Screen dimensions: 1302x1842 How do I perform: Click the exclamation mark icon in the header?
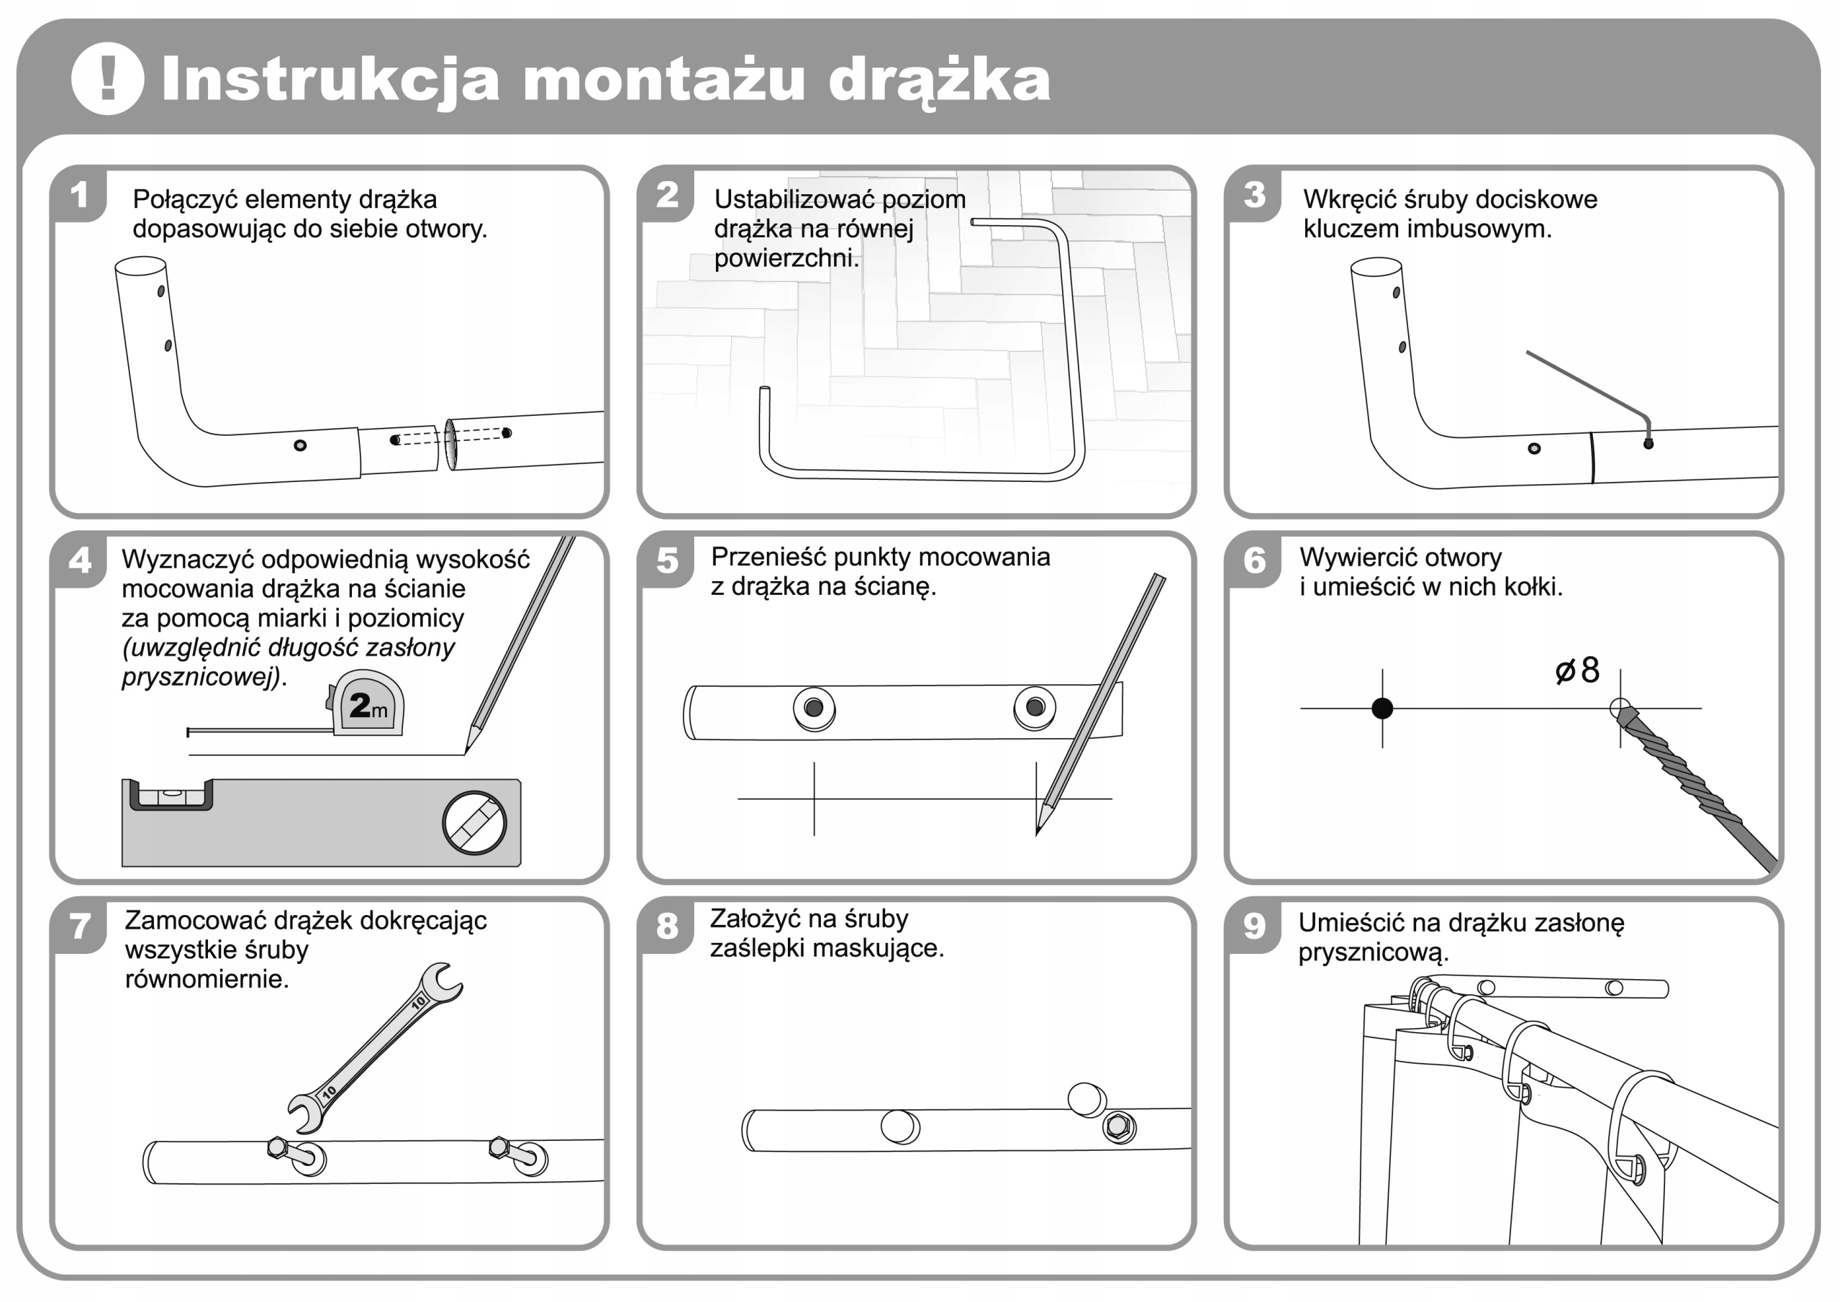coord(107,78)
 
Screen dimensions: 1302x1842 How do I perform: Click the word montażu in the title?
coord(663,81)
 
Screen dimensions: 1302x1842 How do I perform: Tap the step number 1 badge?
coord(78,195)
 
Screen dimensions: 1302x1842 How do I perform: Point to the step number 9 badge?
coord(1254,926)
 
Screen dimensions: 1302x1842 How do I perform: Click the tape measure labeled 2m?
coord(368,705)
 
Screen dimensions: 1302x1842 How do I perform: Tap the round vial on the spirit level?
coord(474,823)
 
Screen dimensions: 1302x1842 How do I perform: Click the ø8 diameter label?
coord(1577,670)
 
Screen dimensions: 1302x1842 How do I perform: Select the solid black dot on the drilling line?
coord(1382,709)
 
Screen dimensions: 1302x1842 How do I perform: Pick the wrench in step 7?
coord(375,1046)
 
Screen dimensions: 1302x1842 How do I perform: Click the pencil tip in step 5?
coord(1039,830)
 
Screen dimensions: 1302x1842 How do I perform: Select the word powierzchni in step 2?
coord(786,259)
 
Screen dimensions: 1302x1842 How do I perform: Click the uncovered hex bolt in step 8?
coord(1117,1126)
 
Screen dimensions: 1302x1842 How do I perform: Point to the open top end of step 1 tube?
coord(140,265)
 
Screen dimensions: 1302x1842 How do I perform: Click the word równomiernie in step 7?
coord(207,980)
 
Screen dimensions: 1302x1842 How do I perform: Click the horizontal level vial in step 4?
coord(171,795)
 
